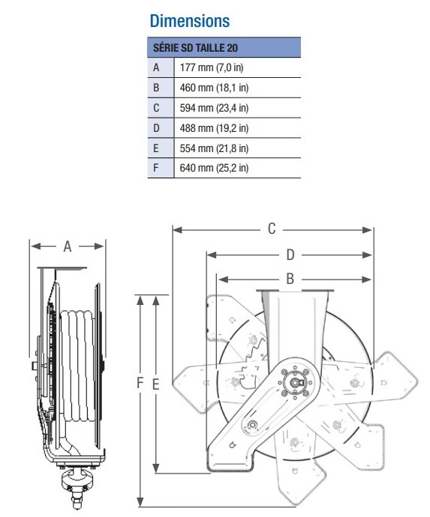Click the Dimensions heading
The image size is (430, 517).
(x=190, y=21)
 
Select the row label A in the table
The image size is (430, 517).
(x=156, y=67)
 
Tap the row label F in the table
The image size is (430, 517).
(x=156, y=168)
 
